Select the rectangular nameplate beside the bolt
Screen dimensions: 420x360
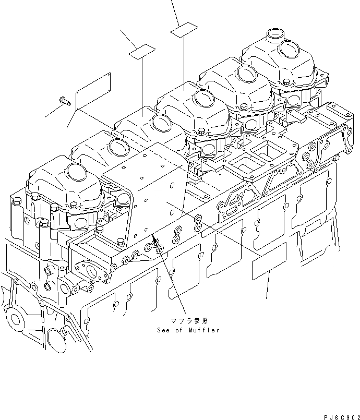point(93,91)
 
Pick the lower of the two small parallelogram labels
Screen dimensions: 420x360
point(142,52)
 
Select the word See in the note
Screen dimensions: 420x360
point(164,330)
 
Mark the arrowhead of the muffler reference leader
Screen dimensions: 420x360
point(154,239)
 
